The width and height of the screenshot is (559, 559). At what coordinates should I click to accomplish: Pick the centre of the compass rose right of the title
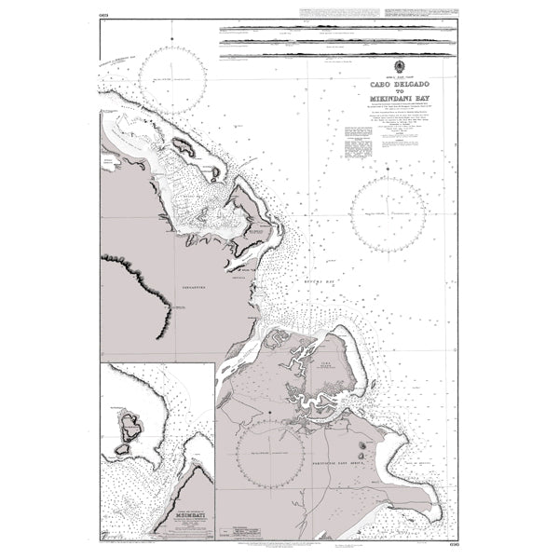(388, 212)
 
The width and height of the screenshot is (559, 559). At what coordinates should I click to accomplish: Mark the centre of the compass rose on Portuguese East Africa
(270, 456)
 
